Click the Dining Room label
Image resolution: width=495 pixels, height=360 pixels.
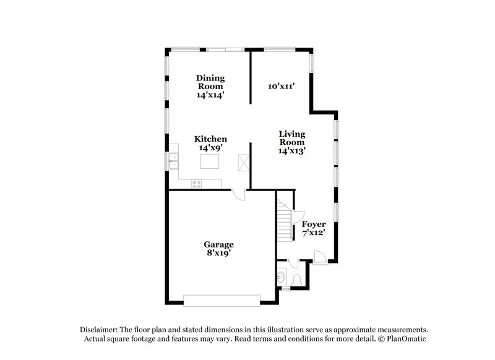210,82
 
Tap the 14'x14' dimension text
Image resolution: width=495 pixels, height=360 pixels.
210,95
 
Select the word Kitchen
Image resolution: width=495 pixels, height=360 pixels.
210,139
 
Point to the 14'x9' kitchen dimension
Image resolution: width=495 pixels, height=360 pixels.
210,148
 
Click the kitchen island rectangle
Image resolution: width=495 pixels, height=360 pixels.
210,163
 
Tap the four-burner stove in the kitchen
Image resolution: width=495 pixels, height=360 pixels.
197,183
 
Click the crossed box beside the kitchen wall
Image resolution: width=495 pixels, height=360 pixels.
243,163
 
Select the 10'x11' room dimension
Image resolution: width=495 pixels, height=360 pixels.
281,87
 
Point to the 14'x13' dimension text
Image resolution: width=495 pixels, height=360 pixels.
291,150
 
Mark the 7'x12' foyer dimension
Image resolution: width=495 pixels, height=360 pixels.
314,233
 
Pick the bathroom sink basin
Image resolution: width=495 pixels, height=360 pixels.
282,277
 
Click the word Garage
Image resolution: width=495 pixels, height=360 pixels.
219,244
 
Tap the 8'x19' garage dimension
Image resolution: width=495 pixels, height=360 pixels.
219,254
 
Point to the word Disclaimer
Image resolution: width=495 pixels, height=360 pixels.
100,330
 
